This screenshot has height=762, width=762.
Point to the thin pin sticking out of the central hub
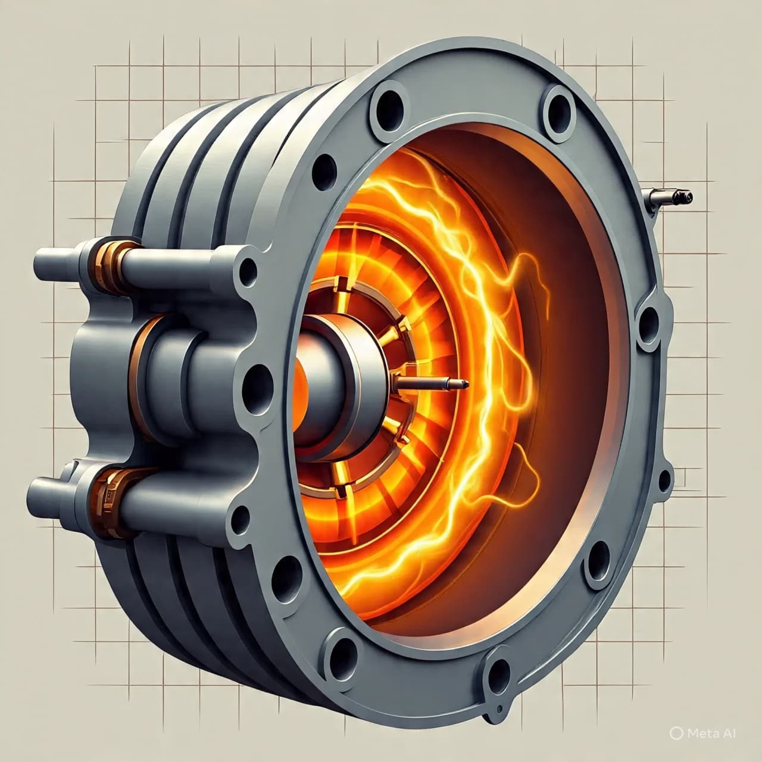pyautogui.click(x=432, y=382)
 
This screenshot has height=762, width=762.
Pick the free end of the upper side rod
pyautogui.click(x=44, y=263)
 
